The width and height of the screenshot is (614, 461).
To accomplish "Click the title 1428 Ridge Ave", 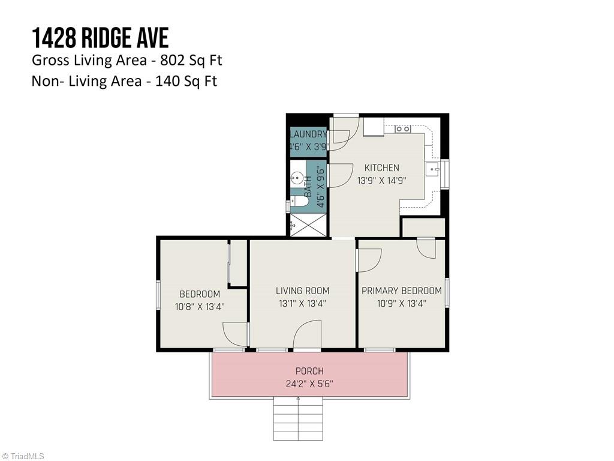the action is (100, 38).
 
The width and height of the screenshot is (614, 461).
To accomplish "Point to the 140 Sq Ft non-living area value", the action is (186, 81).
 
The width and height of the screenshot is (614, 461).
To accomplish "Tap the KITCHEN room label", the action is (382, 168).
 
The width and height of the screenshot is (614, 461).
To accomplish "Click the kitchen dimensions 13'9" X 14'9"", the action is (382, 180).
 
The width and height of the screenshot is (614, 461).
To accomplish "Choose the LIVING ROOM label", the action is (303, 291).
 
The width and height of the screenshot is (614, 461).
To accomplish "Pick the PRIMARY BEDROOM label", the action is (401, 291).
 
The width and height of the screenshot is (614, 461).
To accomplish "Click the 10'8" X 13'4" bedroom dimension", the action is (200, 307).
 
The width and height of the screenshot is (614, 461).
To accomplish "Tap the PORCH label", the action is (309, 371).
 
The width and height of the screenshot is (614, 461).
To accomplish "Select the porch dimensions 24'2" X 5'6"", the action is (309, 384).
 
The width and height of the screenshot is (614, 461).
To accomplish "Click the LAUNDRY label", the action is (308, 134).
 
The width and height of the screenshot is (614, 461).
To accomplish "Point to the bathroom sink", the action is (296, 178).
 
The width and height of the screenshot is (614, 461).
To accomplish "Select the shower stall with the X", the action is (308, 225).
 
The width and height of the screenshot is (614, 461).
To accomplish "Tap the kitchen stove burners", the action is (402, 128).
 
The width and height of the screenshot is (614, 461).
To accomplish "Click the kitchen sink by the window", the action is (432, 170).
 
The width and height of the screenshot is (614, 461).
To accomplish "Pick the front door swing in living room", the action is (308, 334).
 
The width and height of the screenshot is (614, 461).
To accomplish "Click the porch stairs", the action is (298, 418).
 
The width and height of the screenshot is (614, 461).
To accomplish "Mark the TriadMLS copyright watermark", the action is (22, 456).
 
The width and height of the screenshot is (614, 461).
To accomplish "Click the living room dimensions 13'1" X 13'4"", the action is (303, 303).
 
